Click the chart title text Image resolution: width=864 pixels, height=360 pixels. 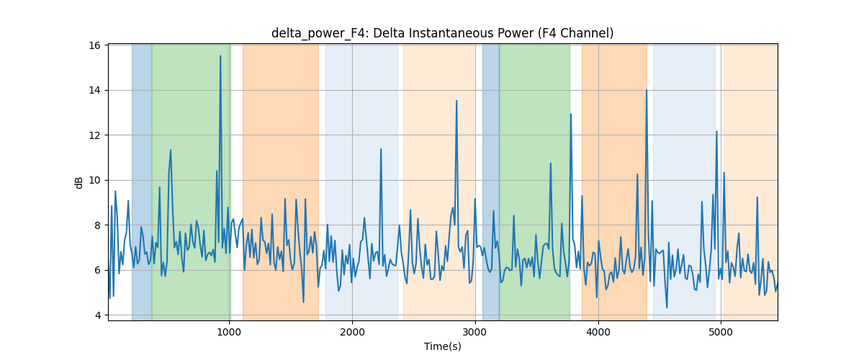(x=442, y=33)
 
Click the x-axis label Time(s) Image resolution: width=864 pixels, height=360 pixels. (x=442, y=346)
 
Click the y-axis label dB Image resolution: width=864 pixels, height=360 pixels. (x=78, y=182)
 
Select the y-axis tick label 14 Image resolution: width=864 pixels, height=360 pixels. (x=94, y=90)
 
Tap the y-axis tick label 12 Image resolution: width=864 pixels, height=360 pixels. (x=94, y=135)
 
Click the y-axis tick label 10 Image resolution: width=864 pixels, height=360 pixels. (x=94, y=180)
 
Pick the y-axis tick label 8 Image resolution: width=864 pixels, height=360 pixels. (x=98, y=225)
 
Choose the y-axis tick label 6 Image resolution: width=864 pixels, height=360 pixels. (x=98, y=270)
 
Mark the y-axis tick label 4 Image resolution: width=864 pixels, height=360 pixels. (x=98, y=315)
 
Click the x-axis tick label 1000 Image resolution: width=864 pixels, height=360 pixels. (x=229, y=332)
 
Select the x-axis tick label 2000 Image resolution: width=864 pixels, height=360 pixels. (x=352, y=332)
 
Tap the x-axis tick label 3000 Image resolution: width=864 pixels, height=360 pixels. (x=475, y=332)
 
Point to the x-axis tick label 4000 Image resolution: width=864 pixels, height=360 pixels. (x=598, y=332)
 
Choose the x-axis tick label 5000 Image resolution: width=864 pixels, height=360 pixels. (x=721, y=332)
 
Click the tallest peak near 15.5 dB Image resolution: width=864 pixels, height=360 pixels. (x=220, y=56)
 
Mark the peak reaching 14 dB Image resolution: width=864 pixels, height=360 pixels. (x=647, y=90)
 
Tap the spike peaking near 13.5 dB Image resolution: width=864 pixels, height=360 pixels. (x=456, y=101)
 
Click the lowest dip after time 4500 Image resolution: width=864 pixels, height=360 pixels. (x=667, y=307)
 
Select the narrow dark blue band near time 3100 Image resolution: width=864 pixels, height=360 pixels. (x=490, y=182)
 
